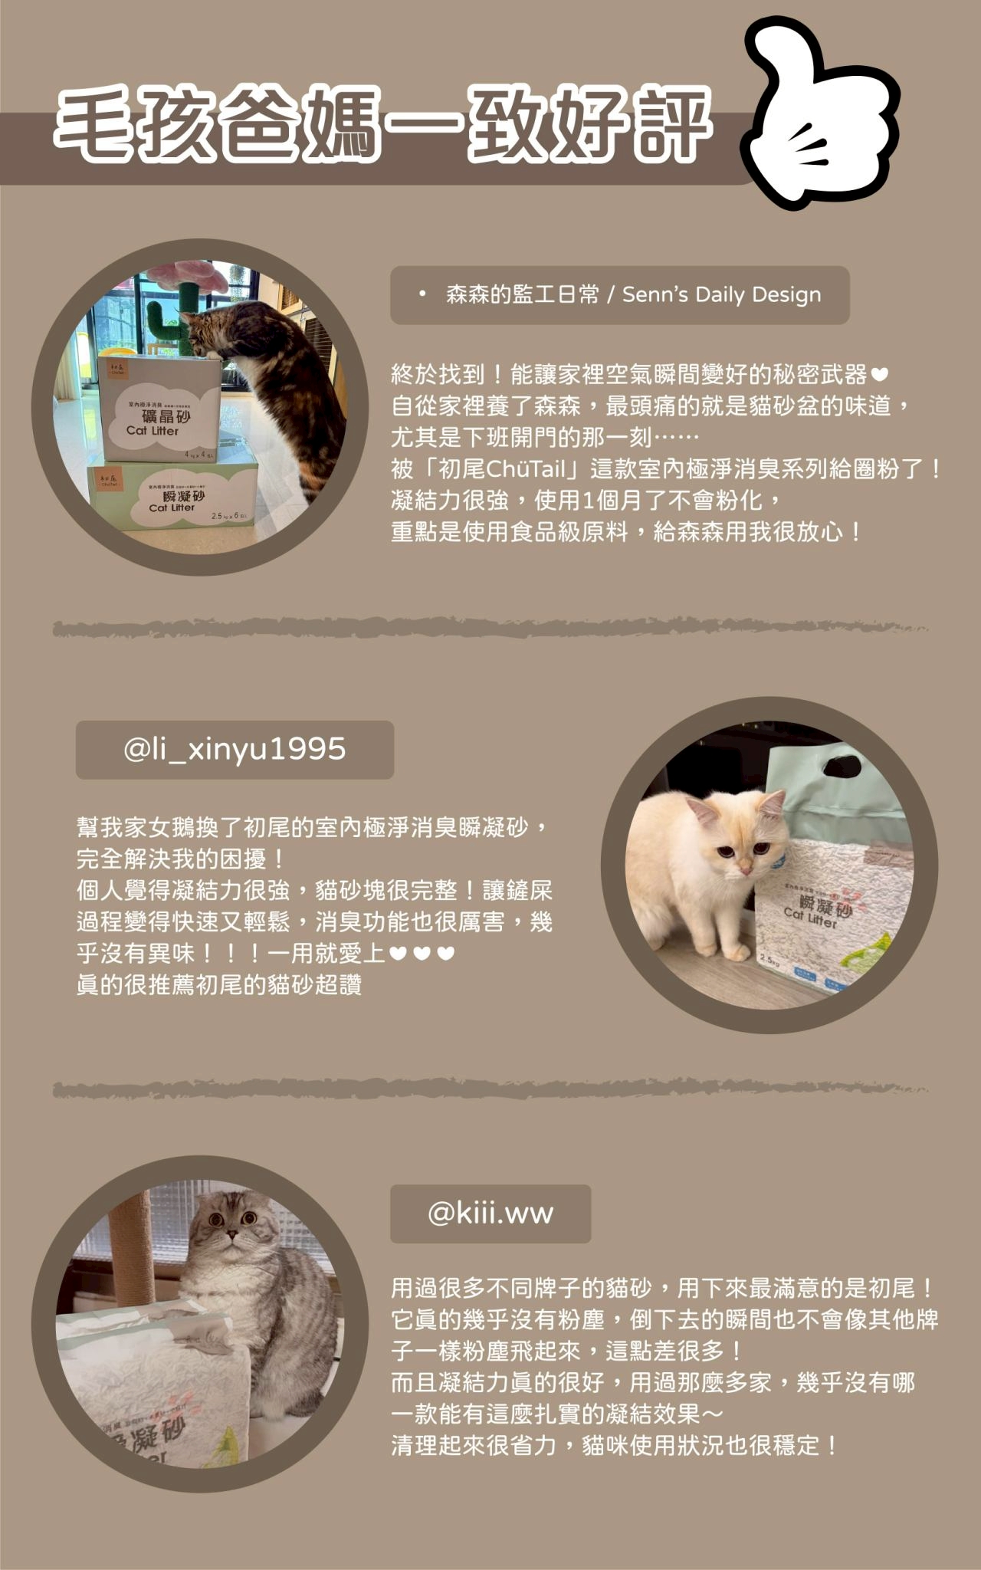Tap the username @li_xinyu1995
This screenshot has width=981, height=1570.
pos(235,749)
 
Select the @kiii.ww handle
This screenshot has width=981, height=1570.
pos(490,1213)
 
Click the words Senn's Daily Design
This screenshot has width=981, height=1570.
pos(721,294)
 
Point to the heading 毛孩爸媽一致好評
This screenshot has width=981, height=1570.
pos(383,125)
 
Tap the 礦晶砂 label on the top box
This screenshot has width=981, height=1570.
pos(166,416)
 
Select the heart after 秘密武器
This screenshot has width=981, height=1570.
pos(880,375)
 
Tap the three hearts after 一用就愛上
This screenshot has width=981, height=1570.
pos(422,953)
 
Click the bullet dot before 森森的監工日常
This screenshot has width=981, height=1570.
pos(422,294)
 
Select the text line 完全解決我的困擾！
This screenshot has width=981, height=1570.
pos(182,859)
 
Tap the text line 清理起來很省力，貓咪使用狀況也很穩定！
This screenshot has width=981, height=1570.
pos(615,1446)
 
